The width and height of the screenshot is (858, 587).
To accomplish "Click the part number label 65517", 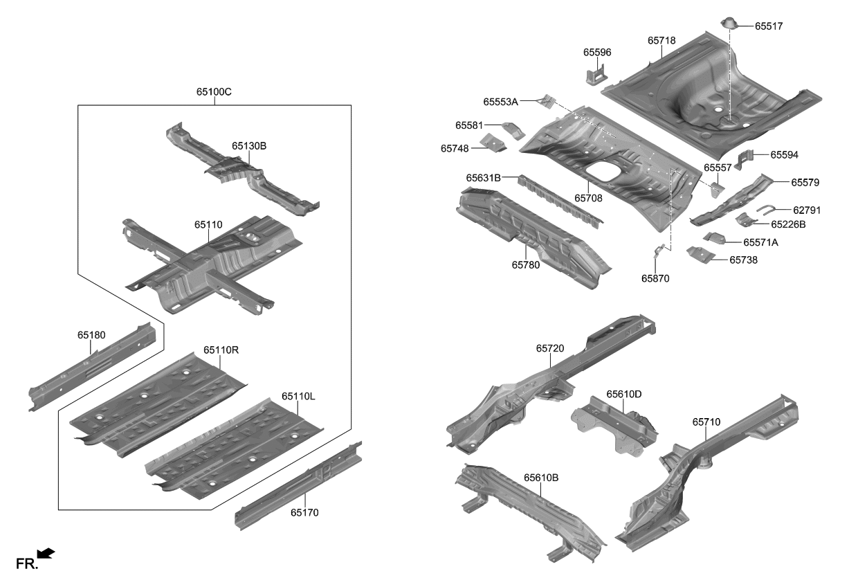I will [x=769, y=26].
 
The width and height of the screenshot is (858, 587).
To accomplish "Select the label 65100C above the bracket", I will [x=214, y=91].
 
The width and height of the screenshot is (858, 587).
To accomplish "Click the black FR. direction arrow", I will [x=46, y=552].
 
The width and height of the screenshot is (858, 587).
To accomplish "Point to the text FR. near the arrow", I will [x=26, y=564].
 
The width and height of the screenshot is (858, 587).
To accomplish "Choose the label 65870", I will [x=655, y=278].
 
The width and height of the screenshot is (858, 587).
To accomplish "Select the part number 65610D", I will [x=624, y=394].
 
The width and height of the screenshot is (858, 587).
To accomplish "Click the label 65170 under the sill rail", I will [x=304, y=513].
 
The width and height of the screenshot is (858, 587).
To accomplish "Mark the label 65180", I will [x=91, y=335].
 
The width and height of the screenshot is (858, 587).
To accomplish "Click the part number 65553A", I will [x=501, y=102].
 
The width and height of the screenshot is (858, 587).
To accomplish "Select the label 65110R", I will [x=221, y=350].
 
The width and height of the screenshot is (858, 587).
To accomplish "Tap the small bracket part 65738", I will [x=699, y=254].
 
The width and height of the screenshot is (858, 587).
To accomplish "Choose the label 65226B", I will [x=788, y=224].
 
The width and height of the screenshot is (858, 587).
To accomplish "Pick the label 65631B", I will [x=483, y=178].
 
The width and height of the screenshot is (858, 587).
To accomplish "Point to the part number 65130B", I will [x=249, y=146].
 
